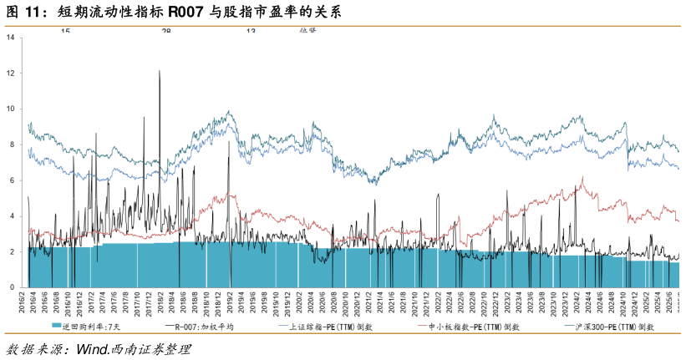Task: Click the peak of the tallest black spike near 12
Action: pyautogui.click(x=160, y=71)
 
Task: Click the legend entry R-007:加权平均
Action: pyautogui.click(x=199, y=327)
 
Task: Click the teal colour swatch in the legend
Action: pyautogui.click(x=57, y=327)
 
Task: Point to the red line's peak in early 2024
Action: pyautogui.click(x=582, y=177)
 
